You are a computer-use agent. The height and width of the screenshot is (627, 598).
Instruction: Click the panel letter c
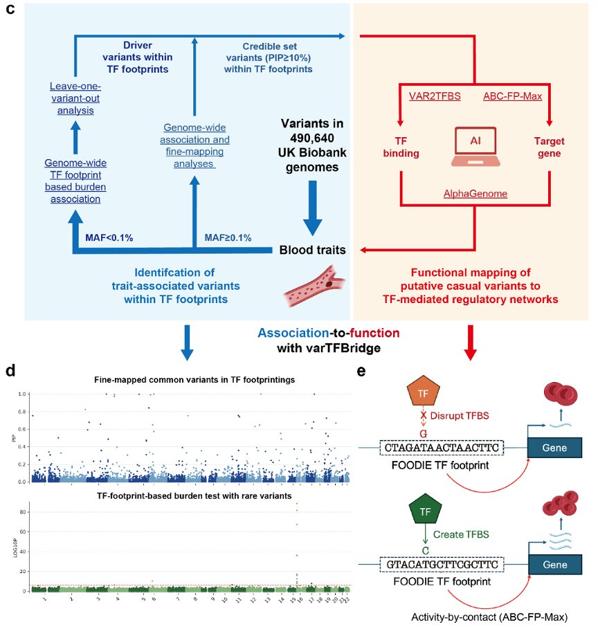coord(10,15)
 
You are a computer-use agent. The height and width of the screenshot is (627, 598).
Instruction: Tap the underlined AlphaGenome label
coord(475,194)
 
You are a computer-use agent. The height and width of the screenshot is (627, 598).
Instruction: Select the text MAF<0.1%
coord(109,237)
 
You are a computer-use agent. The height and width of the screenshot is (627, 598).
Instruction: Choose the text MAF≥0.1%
coord(228,237)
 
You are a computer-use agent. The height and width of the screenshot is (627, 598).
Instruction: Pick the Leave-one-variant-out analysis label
coord(75,98)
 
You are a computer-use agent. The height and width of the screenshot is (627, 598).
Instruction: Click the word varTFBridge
coord(339,347)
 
